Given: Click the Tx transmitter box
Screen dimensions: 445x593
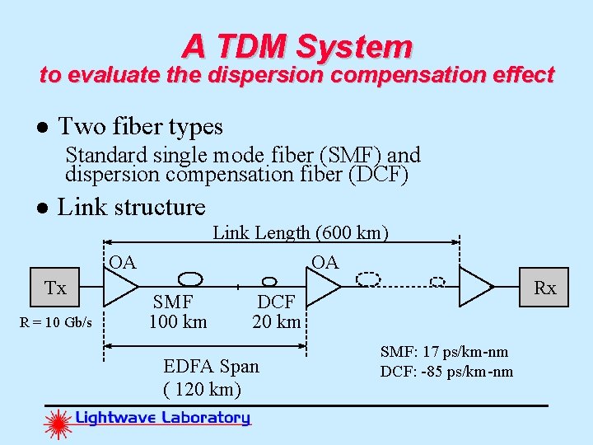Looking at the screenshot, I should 56,288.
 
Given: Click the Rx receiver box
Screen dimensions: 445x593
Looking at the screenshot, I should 544,288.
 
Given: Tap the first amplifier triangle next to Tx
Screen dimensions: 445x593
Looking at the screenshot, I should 122,287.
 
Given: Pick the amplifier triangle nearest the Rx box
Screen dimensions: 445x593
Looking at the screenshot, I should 476,287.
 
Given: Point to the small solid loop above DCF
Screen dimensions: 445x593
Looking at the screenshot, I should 268,280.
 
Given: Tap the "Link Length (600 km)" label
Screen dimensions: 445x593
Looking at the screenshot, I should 301,233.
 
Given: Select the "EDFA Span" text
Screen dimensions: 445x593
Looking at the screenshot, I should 211,366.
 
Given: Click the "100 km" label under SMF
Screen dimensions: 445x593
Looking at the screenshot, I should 177,321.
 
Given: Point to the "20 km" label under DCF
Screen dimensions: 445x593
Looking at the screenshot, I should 277,321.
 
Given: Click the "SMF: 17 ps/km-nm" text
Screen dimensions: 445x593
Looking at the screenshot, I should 444,353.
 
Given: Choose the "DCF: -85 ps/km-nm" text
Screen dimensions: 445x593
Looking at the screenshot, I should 446,372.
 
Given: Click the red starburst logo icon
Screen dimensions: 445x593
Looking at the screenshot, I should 58,424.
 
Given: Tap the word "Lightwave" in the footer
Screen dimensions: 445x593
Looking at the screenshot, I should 114,418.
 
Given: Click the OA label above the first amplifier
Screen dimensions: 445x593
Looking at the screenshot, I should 123,263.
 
